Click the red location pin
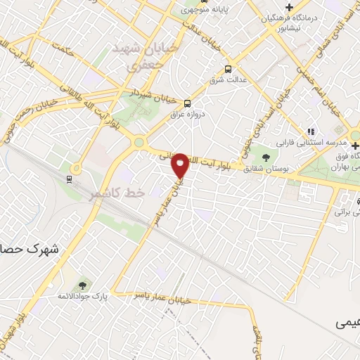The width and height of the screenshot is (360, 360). click(181, 165)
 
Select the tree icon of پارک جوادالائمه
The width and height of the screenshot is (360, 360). click(83, 285)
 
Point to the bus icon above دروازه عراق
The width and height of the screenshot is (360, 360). click(186, 102)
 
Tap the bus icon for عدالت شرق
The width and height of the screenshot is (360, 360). click(227, 69)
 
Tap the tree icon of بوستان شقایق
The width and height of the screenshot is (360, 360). click(265, 157)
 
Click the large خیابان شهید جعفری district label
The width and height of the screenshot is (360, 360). click(137, 56)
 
